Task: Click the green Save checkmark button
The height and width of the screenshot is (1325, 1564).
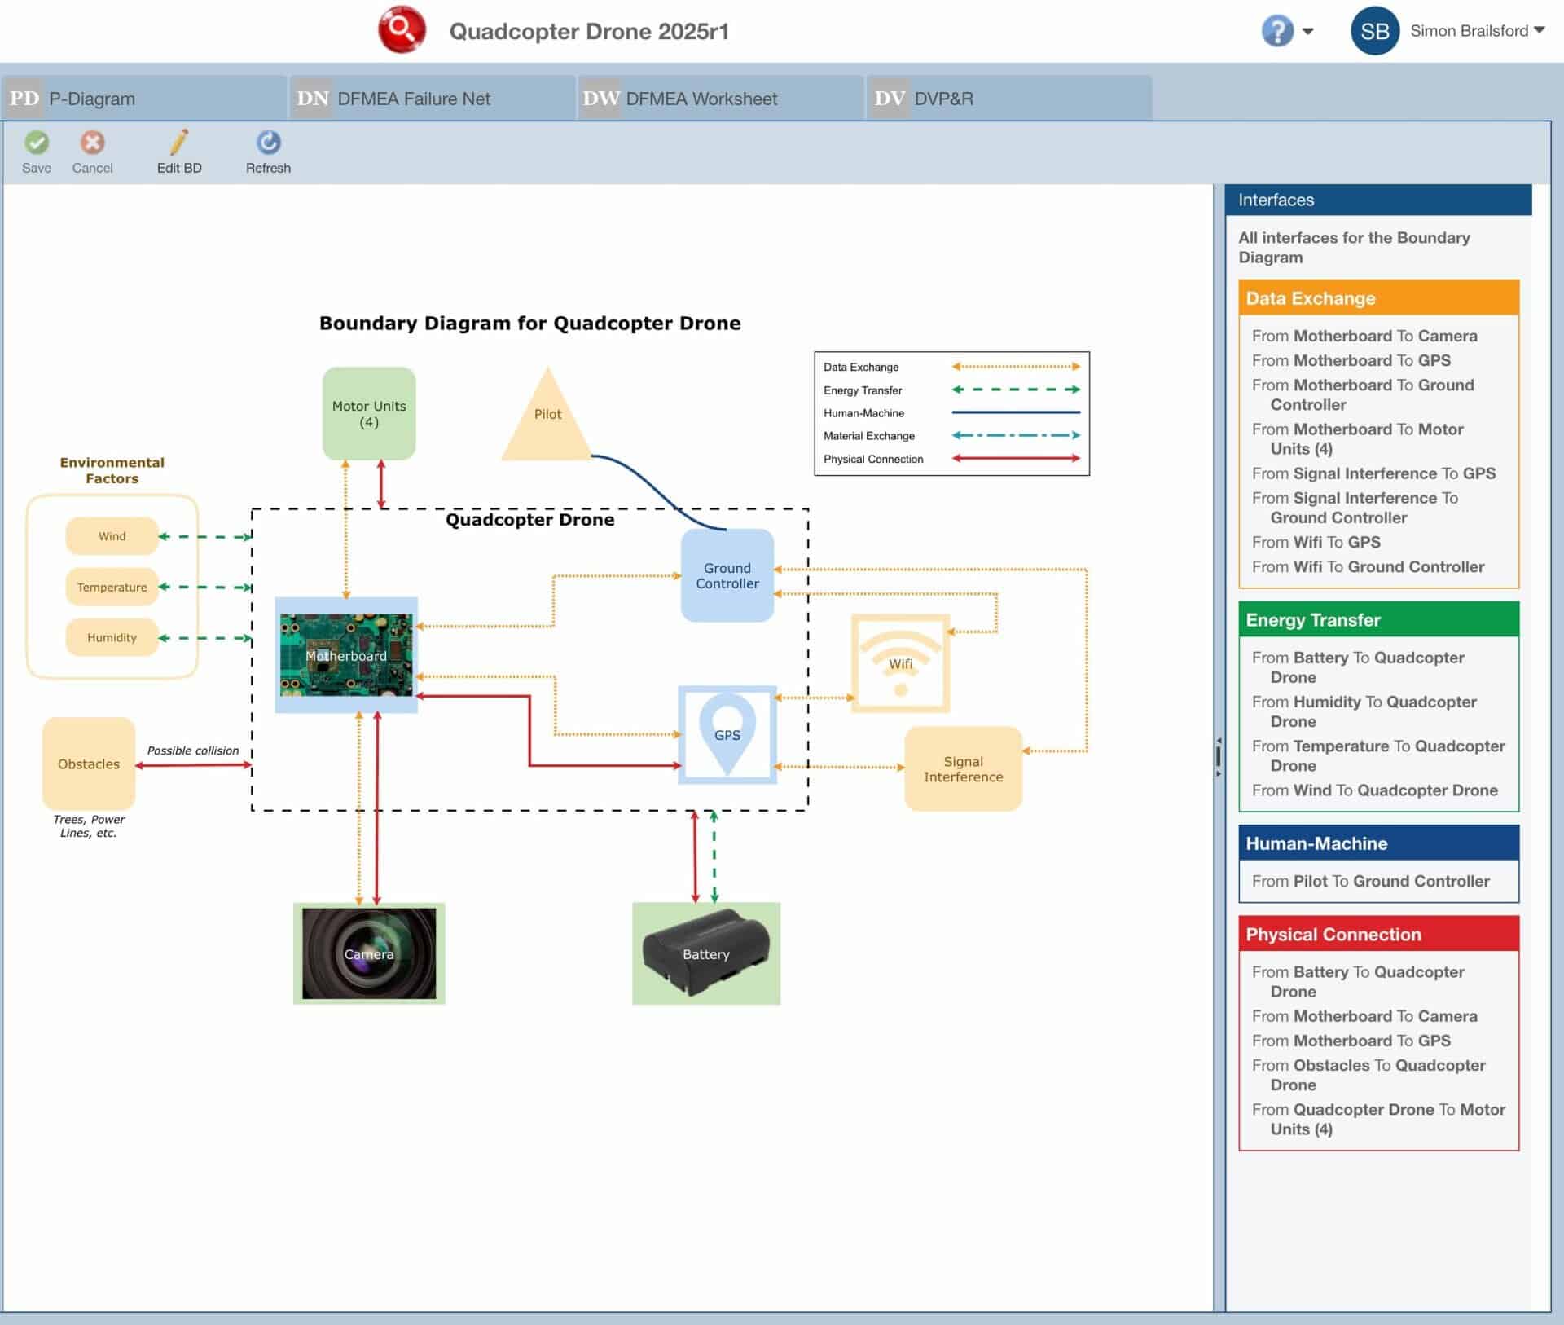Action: coord(37,143)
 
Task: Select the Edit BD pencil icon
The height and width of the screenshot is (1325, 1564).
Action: coord(179,143)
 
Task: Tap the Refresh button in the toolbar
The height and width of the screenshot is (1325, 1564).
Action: coord(268,143)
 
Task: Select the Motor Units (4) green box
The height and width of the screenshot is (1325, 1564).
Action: coord(369,414)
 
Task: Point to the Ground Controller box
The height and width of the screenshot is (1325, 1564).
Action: coord(727,575)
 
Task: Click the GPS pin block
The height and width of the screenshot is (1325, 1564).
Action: coord(727,734)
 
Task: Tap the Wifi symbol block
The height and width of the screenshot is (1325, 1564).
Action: coord(900,662)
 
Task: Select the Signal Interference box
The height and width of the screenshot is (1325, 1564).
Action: coord(963,768)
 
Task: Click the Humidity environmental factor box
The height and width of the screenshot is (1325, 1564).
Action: coord(112,637)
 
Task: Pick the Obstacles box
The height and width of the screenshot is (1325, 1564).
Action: coord(89,764)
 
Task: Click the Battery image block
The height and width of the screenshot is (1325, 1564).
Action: coord(705,953)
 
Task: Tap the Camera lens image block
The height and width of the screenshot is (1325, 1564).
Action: coord(369,953)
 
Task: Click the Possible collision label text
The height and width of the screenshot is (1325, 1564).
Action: coord(193,751)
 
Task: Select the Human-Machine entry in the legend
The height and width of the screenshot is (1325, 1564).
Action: coord(863,413)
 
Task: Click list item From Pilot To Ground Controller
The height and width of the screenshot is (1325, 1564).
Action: coord(1370,881)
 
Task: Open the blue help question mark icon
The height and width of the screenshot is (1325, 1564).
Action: coord(1276,31)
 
